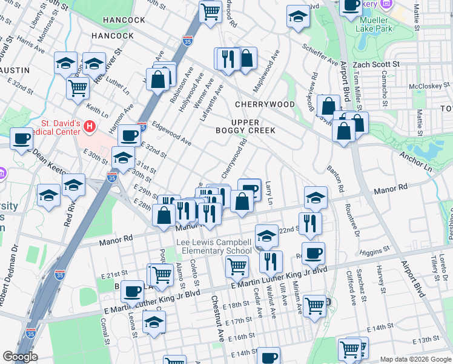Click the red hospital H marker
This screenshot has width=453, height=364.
coord(90,126)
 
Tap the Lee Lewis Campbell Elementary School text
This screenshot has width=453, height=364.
coord(214,247)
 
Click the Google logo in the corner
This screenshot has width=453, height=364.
coord(20,357)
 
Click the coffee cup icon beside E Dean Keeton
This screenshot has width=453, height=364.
coord(22,140)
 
